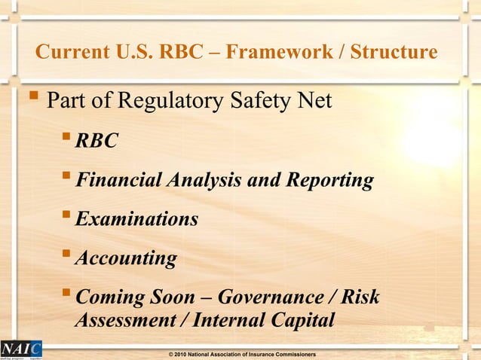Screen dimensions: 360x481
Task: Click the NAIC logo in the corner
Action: pyautogui.click(x=21, y=349)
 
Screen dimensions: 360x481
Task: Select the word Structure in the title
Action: pyautogui.click(x=391, y=52)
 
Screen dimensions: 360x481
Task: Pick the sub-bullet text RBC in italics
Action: pyautogui.click(x=97, y=141)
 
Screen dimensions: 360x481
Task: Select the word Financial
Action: pyautogui.click(x=116, y=180)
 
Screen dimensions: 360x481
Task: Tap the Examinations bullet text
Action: pyautogui.click(x=137, y=219)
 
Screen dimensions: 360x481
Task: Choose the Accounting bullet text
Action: pyautogui.click(x=126, y=259)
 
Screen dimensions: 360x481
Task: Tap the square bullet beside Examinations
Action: pyautogui.click(x=66, y=217)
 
